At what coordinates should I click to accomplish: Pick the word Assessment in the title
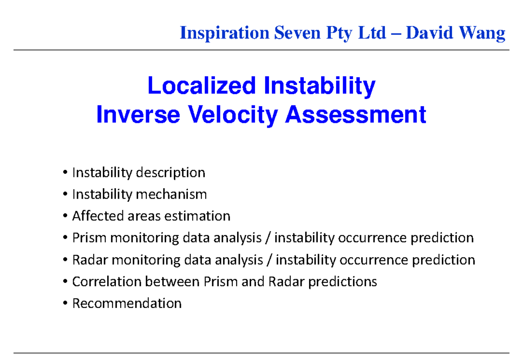(x=355, y=115)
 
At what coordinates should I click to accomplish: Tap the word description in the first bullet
(x=170, y=173)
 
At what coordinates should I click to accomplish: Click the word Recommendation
(x=126, y=303)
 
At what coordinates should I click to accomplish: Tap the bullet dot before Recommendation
(x=65, y=304)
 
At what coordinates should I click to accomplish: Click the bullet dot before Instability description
(x=65, y=173)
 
